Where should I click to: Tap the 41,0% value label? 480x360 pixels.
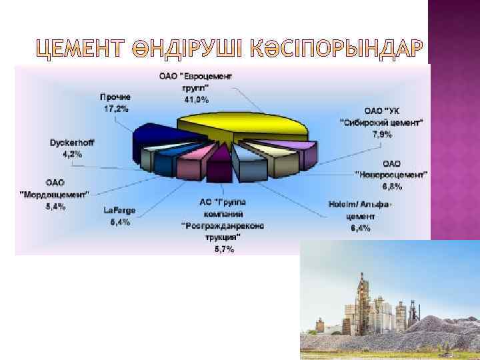point(196,100)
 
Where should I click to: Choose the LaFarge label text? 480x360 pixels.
point(119,211)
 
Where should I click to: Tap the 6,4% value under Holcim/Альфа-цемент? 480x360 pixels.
point(359,229)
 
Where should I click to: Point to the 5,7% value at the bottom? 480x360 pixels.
point(224,249)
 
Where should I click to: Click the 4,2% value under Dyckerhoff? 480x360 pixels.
point(72,154)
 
